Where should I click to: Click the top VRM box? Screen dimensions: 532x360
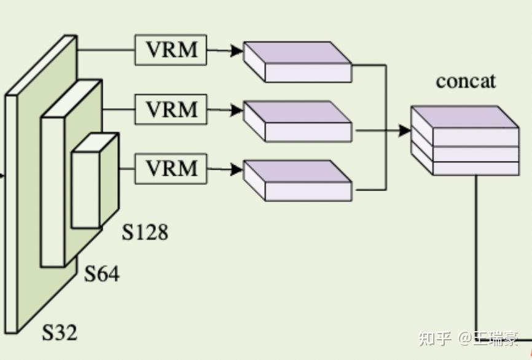[x=171, y=50]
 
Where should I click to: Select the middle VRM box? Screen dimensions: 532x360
[x=171, y=109]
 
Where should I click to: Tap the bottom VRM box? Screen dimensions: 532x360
[x=171, y=168]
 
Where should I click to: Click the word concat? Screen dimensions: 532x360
[x=466, y=82]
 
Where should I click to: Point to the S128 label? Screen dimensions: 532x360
[x=145, y=232]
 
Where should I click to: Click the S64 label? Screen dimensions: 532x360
[x=101, y=273]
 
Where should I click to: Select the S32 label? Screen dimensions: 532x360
[x=60, y=332]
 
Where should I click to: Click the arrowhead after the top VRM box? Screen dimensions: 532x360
[x=237, y=50]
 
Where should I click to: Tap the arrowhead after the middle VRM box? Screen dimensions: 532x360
[x=237, y=110]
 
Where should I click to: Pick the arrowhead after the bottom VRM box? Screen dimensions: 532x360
[x=237, y=170]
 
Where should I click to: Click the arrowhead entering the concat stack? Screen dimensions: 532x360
[x=405, y=130]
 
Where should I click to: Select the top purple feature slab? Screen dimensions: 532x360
[x=297, y=62]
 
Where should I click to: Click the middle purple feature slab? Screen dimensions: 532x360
[x=297, y=121]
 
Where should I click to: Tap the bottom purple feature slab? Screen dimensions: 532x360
[x=297, y=181]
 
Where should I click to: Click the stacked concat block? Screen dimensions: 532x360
[x=465, y=141]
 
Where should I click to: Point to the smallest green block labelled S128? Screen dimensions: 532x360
[x=95, y=181]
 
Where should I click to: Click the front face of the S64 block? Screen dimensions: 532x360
[x=53, y=192]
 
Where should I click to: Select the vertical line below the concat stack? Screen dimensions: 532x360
[x=476, y=257]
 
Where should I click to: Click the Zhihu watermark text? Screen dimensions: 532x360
[x=468, y=338]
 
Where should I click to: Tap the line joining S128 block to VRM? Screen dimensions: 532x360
[x=127, y=168]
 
